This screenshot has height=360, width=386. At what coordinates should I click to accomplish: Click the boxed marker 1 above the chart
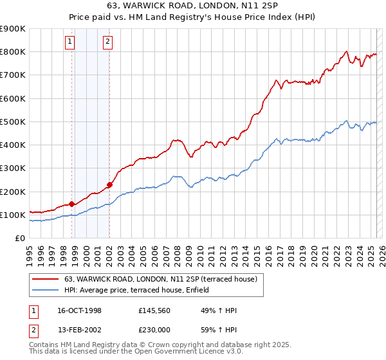pyautogui.click(x=69, y=42)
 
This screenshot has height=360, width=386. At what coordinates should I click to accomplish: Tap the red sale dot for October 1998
pyautogui.click(x=72, y=204)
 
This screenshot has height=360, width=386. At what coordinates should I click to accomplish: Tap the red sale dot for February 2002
pyautogui.click(x=109, y=184)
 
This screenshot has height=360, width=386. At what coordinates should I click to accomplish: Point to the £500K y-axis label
pyautogui.click(x=12, y=122)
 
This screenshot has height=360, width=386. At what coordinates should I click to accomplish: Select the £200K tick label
pyautogui.click(x=12, y=192)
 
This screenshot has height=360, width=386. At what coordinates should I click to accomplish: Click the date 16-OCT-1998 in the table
pyautogui.click(x=80, y=310)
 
